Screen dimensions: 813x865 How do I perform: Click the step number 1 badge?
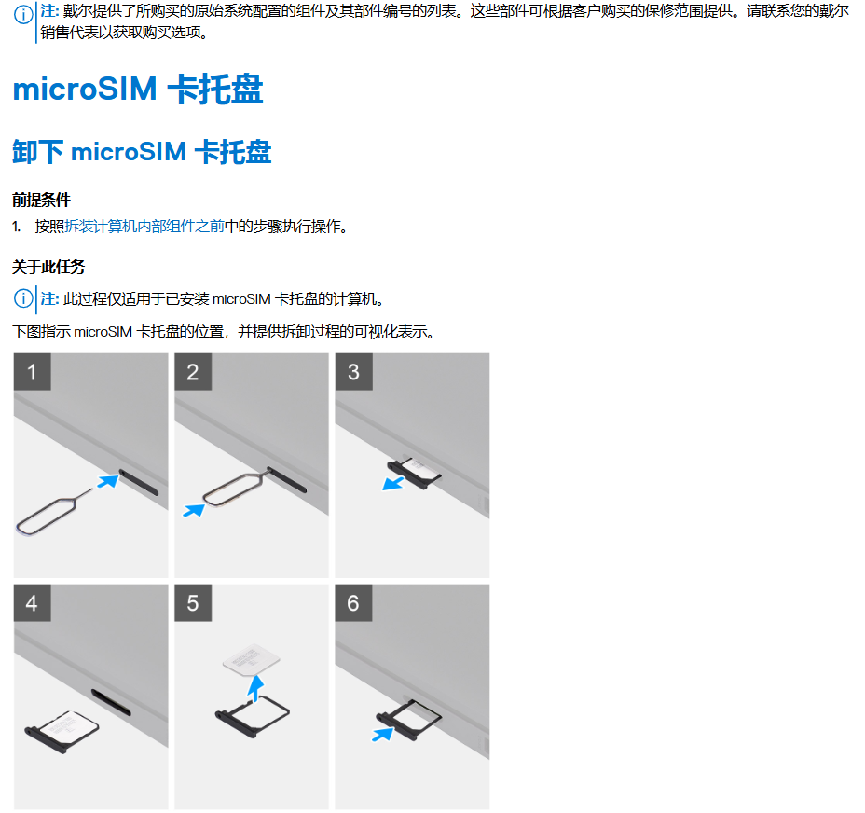pos(32,372)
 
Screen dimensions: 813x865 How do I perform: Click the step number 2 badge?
pos(192,372)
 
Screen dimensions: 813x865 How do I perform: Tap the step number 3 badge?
pos(353,372)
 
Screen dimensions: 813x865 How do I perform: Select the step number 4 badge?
pos(32,602)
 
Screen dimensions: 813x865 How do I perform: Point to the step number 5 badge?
pos(192,602)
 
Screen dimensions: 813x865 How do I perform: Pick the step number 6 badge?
pos(353,602)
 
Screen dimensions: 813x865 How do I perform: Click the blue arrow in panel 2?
pos(194,510)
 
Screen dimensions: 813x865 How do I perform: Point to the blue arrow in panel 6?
pos(381,735)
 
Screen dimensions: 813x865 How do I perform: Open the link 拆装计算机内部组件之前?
pos(144,227)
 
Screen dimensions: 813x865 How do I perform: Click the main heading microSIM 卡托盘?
pos(138,90)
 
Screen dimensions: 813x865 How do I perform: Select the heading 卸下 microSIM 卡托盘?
pos(142,152)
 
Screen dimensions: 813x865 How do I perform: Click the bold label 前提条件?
pos(41,200)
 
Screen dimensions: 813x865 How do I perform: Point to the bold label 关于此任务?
pos(48,267)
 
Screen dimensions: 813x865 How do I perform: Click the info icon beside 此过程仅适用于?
pos(21,299)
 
